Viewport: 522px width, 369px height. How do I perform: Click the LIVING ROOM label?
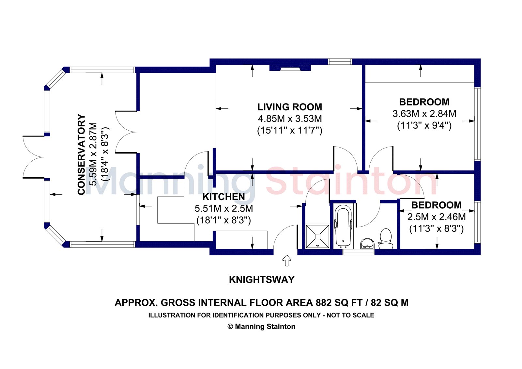290,107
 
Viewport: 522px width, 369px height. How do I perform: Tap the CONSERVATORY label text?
81,154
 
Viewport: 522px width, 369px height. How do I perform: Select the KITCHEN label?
224,197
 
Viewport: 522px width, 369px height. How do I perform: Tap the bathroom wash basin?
367,244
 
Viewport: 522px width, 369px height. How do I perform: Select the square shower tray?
317,236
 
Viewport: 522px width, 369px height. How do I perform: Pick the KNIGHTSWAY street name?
262,280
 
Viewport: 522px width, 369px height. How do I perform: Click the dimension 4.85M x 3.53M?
290,119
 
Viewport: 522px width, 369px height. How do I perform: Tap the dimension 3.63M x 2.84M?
424,114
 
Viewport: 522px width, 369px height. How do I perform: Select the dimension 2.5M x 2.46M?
437,217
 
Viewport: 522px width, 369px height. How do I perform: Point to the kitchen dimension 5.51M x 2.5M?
224,209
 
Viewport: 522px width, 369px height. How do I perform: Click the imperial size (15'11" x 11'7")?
290,130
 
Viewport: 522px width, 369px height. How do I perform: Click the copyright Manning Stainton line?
261,327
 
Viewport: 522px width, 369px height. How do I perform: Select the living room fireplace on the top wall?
290,68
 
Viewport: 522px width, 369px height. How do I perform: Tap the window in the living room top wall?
340,62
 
